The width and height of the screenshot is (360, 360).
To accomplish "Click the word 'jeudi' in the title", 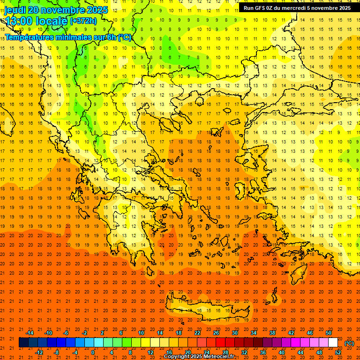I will tap(15, 10).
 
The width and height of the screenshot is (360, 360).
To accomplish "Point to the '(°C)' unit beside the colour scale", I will tap(349, 343).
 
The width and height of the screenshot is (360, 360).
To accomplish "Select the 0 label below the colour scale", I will tap(92, 352).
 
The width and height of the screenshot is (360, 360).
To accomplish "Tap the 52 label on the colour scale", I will tap(338, 352).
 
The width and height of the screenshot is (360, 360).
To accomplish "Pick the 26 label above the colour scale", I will tap(216, 333).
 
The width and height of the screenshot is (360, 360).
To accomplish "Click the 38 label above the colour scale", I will tap(272, 333).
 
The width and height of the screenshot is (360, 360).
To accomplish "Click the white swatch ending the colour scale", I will tap(333, 343).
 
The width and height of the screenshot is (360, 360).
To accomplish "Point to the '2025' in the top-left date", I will tap(97, 10).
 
